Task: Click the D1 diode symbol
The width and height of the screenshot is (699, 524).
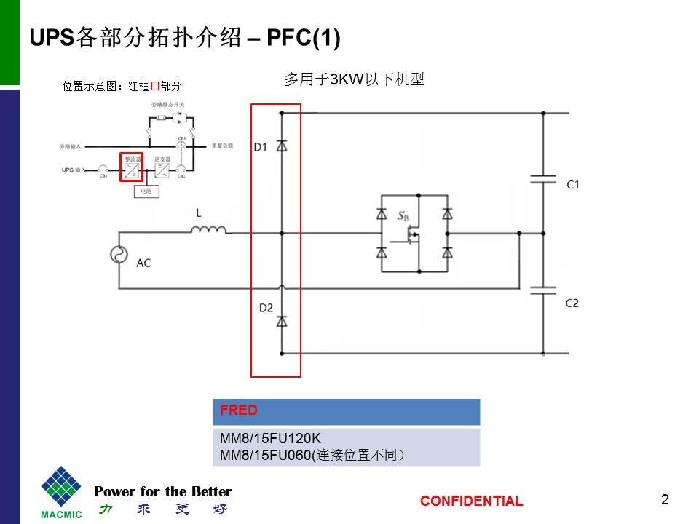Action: pos(282,146)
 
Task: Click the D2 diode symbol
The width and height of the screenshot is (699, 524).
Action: pos(282,319)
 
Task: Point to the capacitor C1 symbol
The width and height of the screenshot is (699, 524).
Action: pos(542,180)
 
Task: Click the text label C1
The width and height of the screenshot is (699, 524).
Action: pos(573,185)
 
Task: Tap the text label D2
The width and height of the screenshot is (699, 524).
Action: pos(266,308)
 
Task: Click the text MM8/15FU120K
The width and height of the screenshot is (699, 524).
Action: pos(270,439)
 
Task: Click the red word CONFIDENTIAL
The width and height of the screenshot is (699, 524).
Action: pos(471,501)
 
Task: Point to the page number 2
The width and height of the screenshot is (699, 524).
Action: pos(664,499)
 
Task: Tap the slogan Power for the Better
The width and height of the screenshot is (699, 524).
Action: pos(163,491)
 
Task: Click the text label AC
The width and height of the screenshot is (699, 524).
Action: pos(143,263)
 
